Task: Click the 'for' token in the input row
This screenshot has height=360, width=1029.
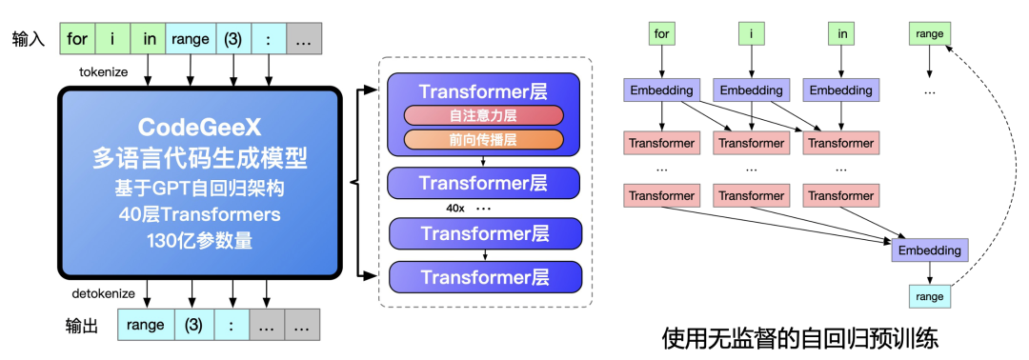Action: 78,39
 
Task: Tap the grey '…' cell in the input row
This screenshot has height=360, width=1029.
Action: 303,39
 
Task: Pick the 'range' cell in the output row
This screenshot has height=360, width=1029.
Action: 144,325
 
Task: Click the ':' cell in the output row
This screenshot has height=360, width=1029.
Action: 232,325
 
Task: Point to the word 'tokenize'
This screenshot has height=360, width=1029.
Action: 105,71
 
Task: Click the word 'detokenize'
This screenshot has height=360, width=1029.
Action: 103,292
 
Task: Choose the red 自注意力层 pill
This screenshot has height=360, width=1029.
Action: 484,116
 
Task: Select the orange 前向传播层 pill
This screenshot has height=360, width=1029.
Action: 484,139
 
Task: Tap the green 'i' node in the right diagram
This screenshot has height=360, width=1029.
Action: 752,34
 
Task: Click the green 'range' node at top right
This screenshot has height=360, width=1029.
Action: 929,34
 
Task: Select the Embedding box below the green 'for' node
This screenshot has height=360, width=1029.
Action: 661,90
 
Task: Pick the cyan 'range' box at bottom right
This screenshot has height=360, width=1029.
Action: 929,297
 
